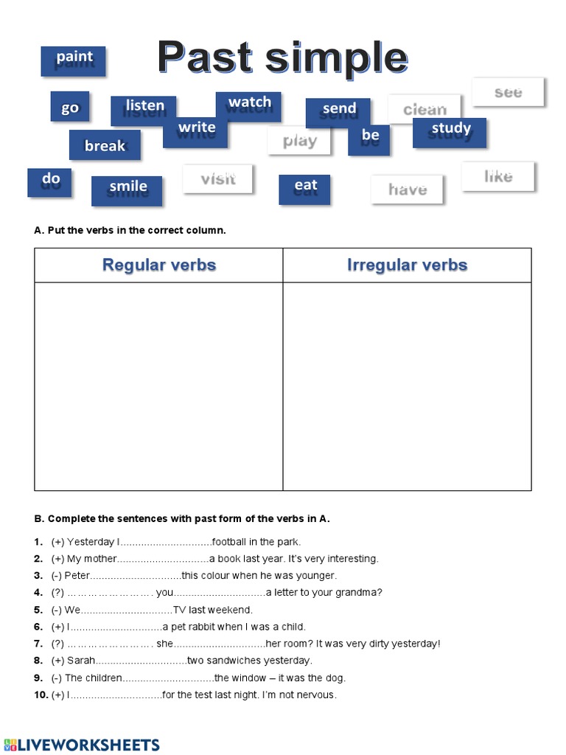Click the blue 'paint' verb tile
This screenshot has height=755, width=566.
[73, 60]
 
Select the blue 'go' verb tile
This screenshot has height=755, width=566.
[70, 107]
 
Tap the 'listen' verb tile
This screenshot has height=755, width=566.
[144, 110]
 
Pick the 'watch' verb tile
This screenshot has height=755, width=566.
[248, 106]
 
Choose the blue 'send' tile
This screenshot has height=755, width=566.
[338, 112]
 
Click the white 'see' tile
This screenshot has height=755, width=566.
[508, 92]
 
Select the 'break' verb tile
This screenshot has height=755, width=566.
[105, 145]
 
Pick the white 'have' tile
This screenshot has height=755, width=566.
[407, 189]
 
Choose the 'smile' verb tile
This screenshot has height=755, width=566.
[127, 190]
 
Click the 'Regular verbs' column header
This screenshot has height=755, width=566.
[158, 265]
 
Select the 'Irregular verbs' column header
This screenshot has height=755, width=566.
[407, 265]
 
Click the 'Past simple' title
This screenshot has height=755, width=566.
[282, 58]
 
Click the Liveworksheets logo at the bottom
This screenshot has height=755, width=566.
[81, 743]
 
